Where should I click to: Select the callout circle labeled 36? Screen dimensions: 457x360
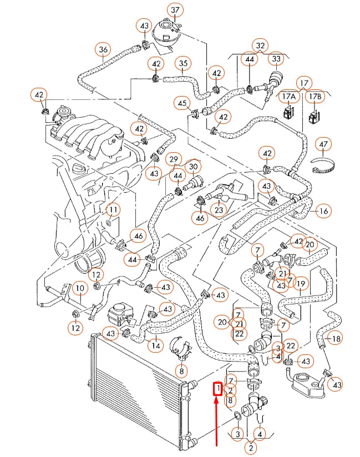[x=103, y=49]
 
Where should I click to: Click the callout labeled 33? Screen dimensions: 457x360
[x=276, y=58]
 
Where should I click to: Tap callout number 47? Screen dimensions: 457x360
[x=322, y=145]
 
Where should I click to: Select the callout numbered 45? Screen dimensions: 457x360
[x=181, y=103]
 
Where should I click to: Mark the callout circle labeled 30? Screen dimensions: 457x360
[x=193, y=166]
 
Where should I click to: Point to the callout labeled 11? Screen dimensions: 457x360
[x=113, y=210]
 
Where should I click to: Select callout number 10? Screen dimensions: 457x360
[x=80, y=288]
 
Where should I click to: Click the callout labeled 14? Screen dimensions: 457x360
[x=156, y=345]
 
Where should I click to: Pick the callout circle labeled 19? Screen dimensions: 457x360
[x=301, y=284]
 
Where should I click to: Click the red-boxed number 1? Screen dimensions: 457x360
[x=219, y=388]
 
